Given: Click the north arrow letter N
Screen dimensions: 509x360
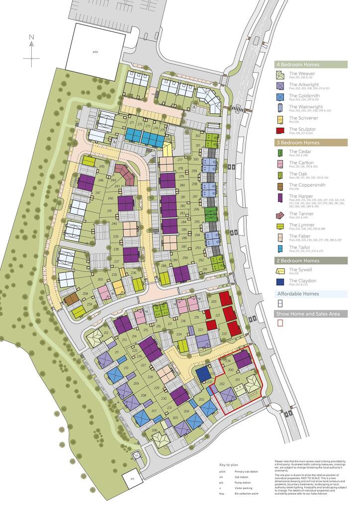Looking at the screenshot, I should coord(31,37).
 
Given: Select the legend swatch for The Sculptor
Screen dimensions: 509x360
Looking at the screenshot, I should coord(280,131).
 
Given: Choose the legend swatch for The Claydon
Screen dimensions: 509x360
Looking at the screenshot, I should coord(280,282).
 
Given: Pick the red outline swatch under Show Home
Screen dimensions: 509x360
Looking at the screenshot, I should coord(280,323).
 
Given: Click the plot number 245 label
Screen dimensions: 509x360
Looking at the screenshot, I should coord(102,167).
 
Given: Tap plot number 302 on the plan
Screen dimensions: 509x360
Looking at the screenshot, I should coord(197,135).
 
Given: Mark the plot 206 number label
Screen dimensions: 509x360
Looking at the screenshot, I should coord(155,430).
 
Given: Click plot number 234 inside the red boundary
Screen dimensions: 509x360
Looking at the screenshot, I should coord(229,361).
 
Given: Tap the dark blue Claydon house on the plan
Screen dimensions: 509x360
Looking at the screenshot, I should coord(203,373).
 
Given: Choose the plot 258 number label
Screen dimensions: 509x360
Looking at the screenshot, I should coord(85,294).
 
